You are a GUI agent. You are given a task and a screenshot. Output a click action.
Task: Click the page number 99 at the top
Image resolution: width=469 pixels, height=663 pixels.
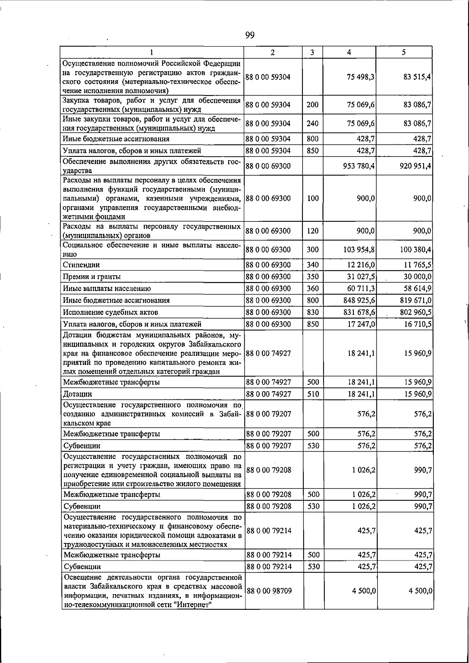pyautogui.click(x=250, y=36)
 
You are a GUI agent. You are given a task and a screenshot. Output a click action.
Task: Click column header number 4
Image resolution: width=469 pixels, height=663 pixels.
pyautogui.click(x=349, y=52)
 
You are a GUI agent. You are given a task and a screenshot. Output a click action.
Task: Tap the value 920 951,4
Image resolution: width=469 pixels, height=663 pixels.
pyautogui.click(x=415, y=166)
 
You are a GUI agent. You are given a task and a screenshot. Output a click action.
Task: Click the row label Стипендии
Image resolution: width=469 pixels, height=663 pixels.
pyautogui.click(x=81, y=265)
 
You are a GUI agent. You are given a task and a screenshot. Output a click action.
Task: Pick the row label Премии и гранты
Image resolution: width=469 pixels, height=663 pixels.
pyautogui.click(x=91, y=277)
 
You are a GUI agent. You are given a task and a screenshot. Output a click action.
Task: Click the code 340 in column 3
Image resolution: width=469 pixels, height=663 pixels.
pyautogui.click(x=312, y=265)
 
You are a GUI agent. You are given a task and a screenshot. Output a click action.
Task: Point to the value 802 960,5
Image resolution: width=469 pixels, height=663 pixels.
pyautogui.click(x=415, y=312)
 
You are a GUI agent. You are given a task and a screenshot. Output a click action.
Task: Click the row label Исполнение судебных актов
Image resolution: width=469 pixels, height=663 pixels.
pyautogui.click(x=110, y=312)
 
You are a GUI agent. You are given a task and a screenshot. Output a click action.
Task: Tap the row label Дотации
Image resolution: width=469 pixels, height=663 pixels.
pyautogui.click(x=77, y=394)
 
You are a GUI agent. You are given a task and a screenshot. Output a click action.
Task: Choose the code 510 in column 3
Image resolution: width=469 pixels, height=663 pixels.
pyautogui.click(x=313, y=394)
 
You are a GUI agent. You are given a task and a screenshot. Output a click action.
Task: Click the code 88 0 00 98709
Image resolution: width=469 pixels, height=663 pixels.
pyautogui.click(x=269, y=591)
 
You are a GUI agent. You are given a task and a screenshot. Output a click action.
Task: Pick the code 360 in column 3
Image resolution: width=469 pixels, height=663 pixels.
pyautogui.click(x=312, y=289)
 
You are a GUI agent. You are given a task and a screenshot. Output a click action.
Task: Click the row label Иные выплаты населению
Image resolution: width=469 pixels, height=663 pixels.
pyautogui.click(x=107, y=289)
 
